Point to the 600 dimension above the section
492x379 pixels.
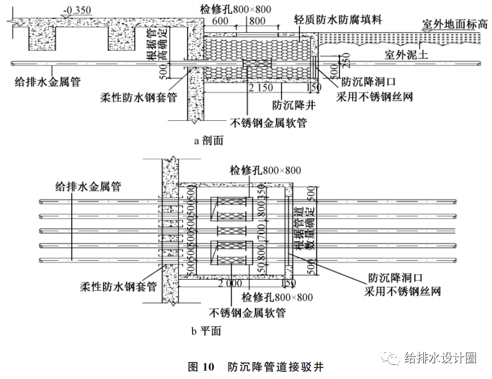220,20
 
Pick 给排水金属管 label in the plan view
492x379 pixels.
88,186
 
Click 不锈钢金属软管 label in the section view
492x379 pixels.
268,123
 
